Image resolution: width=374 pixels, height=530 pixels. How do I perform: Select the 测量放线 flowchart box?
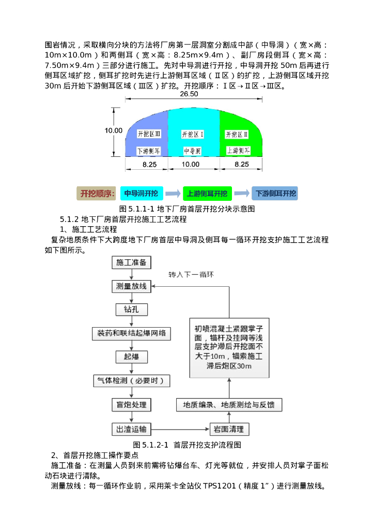click(131, 286)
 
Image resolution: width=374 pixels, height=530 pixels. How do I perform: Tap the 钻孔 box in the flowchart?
click(131, 309)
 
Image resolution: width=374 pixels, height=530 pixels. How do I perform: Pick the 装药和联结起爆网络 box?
click(131, 333)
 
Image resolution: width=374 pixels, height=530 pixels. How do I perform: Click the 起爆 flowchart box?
click(131, 357)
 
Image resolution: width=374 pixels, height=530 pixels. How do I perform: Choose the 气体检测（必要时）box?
click(131, 380)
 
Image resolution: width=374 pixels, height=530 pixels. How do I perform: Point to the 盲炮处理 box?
click(131, 405)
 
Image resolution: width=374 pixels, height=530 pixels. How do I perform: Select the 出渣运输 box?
click(131, 429)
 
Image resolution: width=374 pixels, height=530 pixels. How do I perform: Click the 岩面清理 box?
click(229, 429)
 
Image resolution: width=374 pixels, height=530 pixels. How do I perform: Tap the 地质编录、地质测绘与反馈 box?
click(229, 405)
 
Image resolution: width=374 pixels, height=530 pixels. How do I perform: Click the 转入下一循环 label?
click(191, 274)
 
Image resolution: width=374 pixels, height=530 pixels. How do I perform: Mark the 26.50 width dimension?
click(189, 95)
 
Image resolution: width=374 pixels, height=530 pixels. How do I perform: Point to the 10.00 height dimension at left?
click(114, 131)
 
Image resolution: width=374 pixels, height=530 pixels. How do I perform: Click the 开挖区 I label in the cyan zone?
click(193, 134)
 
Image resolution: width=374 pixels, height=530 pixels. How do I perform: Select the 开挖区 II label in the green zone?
click(237, 134)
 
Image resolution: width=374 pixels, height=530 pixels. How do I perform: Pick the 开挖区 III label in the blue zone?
click(149, 134)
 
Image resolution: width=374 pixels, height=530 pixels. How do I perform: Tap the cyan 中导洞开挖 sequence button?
click(142, 194)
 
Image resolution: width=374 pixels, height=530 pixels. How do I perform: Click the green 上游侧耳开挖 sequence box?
click(207, 194)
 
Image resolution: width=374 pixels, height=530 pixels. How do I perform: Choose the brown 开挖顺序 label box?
click(96, 194)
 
